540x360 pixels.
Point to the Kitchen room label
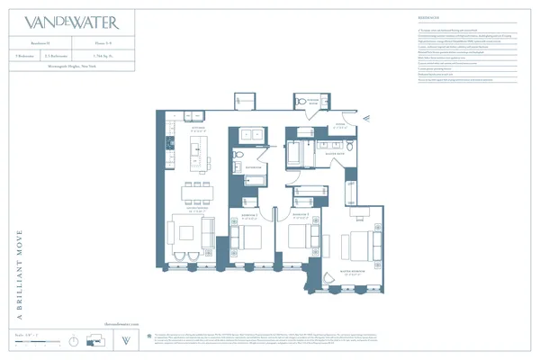pyautogui.click(x=187, y=129)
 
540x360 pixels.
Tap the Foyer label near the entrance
pyautogui.click(x=341, y=125)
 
